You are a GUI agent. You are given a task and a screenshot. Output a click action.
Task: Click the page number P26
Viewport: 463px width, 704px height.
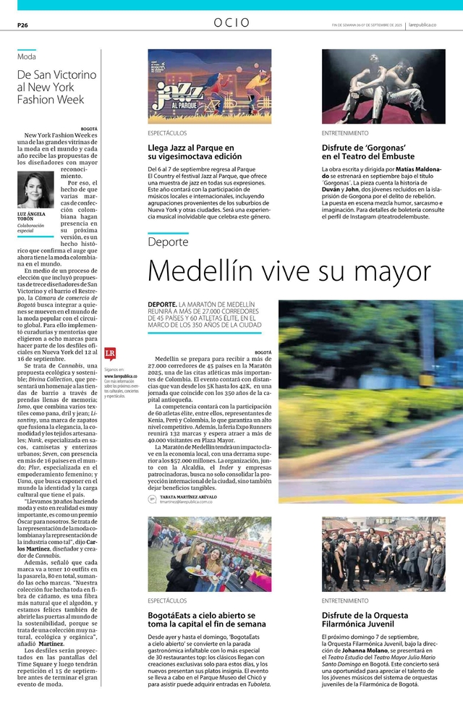point(22,24)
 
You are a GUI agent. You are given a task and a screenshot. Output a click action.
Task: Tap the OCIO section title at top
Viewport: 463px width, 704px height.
point(231,23)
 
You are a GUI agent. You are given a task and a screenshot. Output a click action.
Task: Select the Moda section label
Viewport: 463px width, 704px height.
point(27,56)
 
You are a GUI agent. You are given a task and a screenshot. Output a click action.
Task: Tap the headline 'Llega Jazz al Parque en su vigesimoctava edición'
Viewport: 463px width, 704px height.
point(195,151)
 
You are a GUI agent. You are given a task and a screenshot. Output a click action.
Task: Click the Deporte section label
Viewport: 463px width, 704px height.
point(168,242)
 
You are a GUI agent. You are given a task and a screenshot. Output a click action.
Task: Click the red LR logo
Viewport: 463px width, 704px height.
point(110,354)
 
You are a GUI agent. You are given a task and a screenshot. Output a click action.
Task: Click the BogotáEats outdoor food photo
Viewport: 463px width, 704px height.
point(210,554)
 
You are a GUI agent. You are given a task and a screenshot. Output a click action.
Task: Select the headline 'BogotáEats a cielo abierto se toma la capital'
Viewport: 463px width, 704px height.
point(206,619)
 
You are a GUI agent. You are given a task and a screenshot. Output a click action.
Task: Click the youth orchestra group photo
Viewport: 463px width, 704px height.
point(383,554)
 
